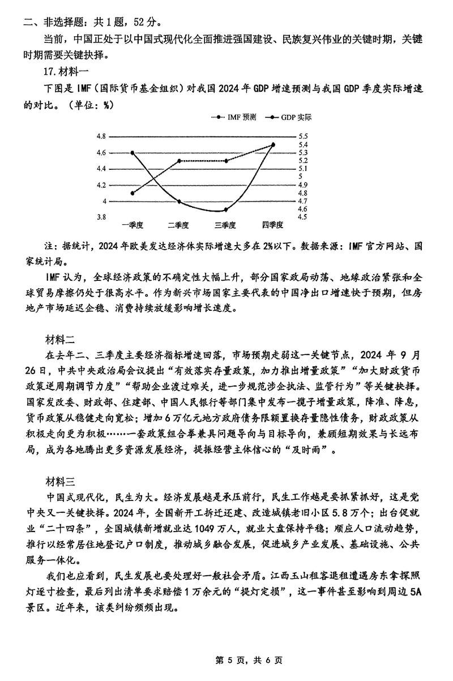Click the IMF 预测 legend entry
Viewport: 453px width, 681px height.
pyautogui.click(x=235, y=118)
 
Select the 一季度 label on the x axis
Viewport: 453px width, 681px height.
pyautogui.click(x=132, y=225)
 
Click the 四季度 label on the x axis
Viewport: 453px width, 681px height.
pyautogui.click(x=273, y=225)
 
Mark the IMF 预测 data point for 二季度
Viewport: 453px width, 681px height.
pyautogui.click(x=180, y=161)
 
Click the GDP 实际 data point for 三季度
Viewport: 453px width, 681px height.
pyautogui.click(x=226, y=209)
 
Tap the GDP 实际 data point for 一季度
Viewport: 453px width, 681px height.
pyautogui.click(x=133, y=153)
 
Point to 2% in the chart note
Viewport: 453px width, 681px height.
pyautogui.click(x=283, y=246)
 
